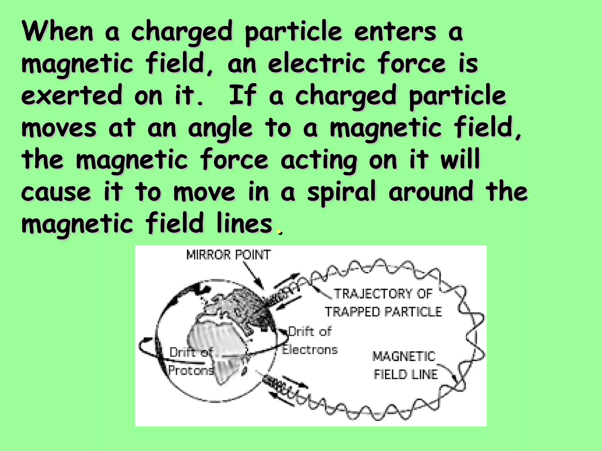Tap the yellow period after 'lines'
pyautogui.click(x=279, y=232)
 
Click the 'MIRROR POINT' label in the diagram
pyautogui.click(x=228, y=255)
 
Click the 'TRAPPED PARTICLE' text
pyautogui.click(x=383, y=312)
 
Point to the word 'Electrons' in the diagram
pyautogui.click(x=310, y=350)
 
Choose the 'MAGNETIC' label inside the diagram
pyautogui.click(x=404, y=356)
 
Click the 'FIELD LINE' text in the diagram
pyautogui.click(x=406, y=375)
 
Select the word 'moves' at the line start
pyautogui.click(x=59, y=128)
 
